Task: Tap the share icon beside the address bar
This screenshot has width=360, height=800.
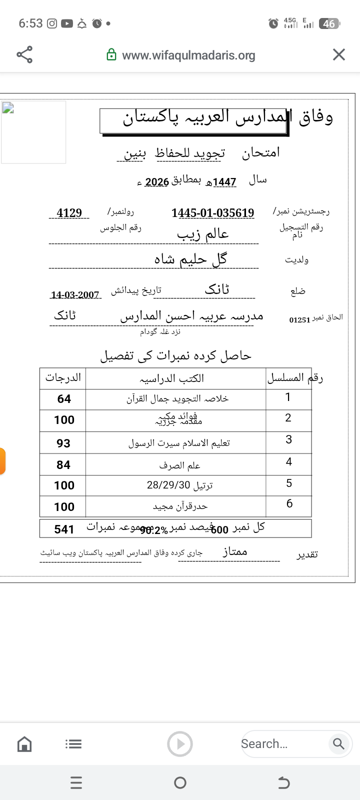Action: [24, 54]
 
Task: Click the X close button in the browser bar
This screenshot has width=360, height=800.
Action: [339, 54]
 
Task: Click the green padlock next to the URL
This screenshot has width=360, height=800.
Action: [111, 55]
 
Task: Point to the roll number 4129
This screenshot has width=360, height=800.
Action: [69, 213]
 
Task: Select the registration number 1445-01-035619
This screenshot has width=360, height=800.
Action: [212, 213]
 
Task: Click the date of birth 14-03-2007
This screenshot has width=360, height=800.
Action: [75, 295]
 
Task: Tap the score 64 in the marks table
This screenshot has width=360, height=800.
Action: [64, 399]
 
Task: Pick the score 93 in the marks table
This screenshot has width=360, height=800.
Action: [63, 443]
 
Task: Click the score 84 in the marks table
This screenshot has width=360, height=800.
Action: [63, 465]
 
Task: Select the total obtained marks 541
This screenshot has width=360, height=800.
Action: [64, 529]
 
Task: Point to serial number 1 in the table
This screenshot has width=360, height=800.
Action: [288, 397]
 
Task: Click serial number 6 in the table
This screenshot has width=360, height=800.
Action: [289, 503]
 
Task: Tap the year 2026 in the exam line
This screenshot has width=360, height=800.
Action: [157, 182]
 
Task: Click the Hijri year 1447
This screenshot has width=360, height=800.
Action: [224, 182]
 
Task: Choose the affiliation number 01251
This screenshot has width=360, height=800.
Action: [300, 320]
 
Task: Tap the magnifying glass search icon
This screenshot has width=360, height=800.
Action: [338, 744]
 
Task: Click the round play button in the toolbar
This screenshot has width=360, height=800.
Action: [180, 744]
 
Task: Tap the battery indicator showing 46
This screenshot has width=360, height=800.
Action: [329, 23]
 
